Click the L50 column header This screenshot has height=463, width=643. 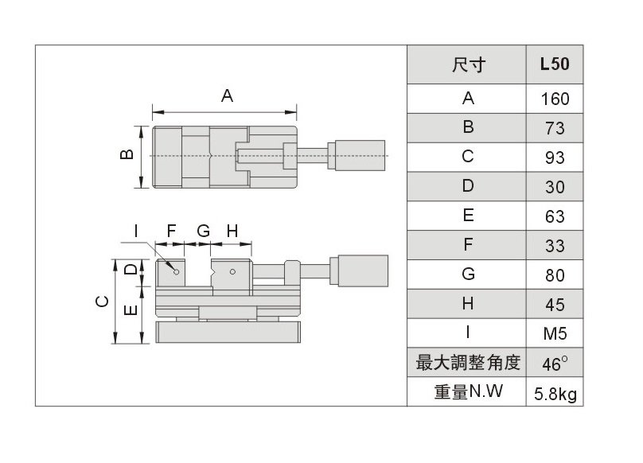[x=554, y=64]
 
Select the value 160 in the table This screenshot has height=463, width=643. [x=554, y=99]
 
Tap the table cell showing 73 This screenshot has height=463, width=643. [x=554, y=128]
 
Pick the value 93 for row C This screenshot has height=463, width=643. [x=554, y=158]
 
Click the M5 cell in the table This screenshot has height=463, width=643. [x=554, y=333]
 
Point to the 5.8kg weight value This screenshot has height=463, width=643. [x=554, y=392]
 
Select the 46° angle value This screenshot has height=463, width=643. [x=554, y=364]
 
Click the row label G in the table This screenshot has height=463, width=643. [x=467, y=274]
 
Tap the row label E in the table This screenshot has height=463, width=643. [x=467, y=216]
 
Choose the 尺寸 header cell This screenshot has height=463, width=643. [x=467, y=64]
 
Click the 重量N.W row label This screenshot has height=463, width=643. [x=467, y=392]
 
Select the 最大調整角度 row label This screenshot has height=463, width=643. [x=467, y=364]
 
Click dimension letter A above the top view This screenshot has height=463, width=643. [x=227, y=96]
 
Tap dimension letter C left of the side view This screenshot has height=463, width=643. [x=101, y=302]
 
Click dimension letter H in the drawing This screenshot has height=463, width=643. [x=232, y=231]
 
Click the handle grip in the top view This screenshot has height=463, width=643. [x=360, y=156]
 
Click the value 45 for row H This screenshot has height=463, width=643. [x=554, y=304]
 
